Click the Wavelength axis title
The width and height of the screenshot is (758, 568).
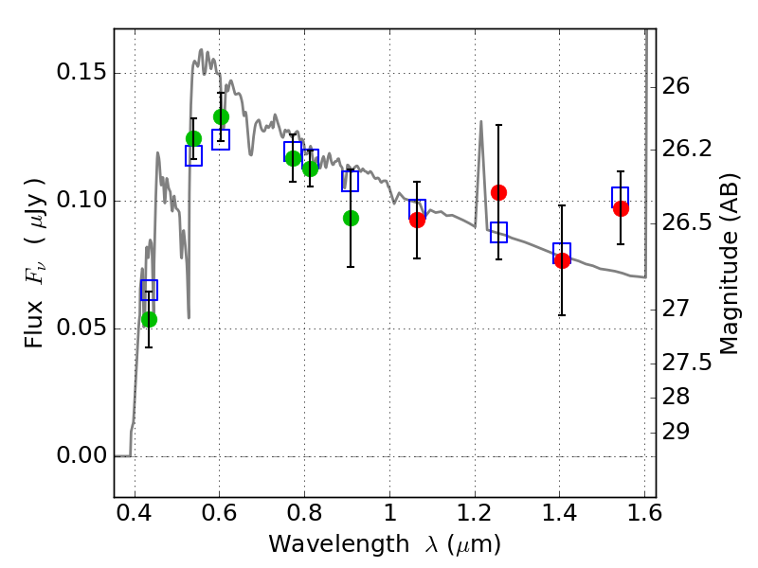(384, 544)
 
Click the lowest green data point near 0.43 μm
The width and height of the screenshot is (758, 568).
(149, 319)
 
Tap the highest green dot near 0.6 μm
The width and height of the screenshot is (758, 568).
(221, 116)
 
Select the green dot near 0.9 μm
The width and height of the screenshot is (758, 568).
(351, 218)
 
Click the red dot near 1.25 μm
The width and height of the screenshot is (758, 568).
(498, 192)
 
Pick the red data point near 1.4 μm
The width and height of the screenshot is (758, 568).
(562, 260)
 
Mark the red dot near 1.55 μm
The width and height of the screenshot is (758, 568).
(621, 208)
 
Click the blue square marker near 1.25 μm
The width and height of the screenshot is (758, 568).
(498, 232)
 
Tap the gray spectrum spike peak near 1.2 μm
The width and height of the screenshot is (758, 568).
(481, 121)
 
